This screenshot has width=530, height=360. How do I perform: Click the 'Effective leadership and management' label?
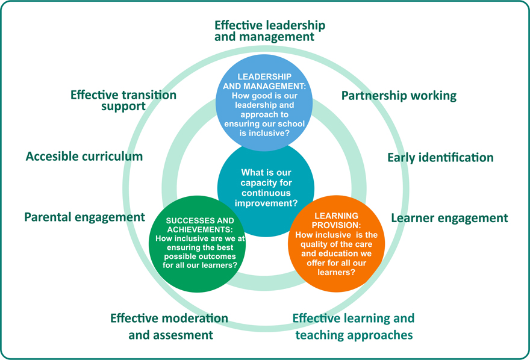tap(270, 31)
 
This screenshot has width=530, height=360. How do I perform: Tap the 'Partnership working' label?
tap(399, 95)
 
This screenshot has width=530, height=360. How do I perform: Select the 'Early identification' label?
tap(440, 157)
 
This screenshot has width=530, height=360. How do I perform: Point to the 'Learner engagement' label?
tap(449, 218)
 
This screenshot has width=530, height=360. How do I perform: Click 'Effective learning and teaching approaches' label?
tap(354, 326)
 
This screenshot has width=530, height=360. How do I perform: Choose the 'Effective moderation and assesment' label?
tap(169, 326)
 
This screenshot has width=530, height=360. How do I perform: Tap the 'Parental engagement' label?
tap(84, 217)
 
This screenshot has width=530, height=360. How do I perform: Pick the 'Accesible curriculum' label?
tap(84, 157)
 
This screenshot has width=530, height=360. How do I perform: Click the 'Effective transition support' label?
tap(123, 100)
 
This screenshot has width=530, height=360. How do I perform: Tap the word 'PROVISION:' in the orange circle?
tap(336, 225)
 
